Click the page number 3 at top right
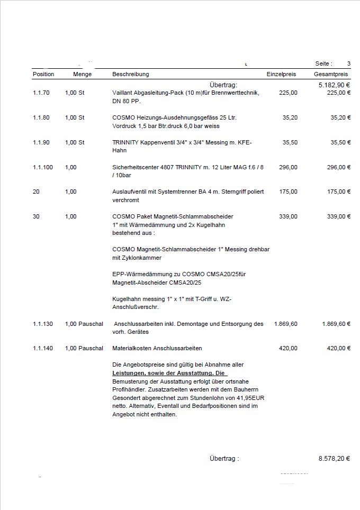349,63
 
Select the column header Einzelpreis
281,74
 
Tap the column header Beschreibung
131,74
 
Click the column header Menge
82,74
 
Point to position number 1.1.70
41,93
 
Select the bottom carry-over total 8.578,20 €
334,459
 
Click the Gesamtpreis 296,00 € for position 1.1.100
336,167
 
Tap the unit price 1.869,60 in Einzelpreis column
286,324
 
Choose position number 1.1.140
43,348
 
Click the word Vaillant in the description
122,93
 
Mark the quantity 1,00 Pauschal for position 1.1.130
84,324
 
